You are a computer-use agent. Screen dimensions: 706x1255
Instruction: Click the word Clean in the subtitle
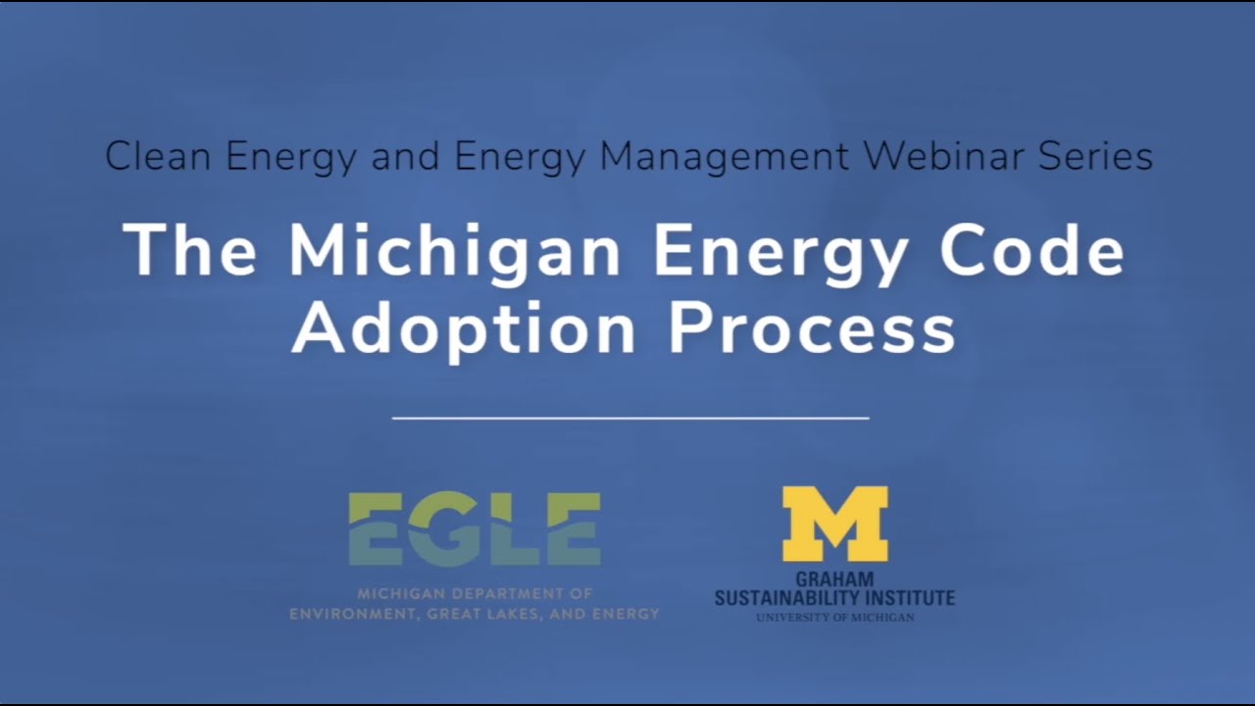pos(160,157)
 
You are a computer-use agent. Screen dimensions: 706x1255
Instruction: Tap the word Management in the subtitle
pos(724,157)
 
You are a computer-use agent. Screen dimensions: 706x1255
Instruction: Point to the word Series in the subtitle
pos(1100,157)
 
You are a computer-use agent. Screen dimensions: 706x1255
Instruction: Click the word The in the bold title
pos(190,250)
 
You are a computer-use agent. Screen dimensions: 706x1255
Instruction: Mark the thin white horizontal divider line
pos(629,419)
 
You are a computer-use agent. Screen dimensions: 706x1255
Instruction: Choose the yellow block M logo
pos(834,525)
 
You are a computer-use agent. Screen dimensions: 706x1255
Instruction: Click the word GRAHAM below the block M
pos(834,580)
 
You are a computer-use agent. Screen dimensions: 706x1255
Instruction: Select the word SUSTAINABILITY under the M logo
pos(795,597)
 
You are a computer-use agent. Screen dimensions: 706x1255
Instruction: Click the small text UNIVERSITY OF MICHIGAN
pos(834,618)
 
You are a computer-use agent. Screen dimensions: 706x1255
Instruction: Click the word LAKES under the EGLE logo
pos(529,615)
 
